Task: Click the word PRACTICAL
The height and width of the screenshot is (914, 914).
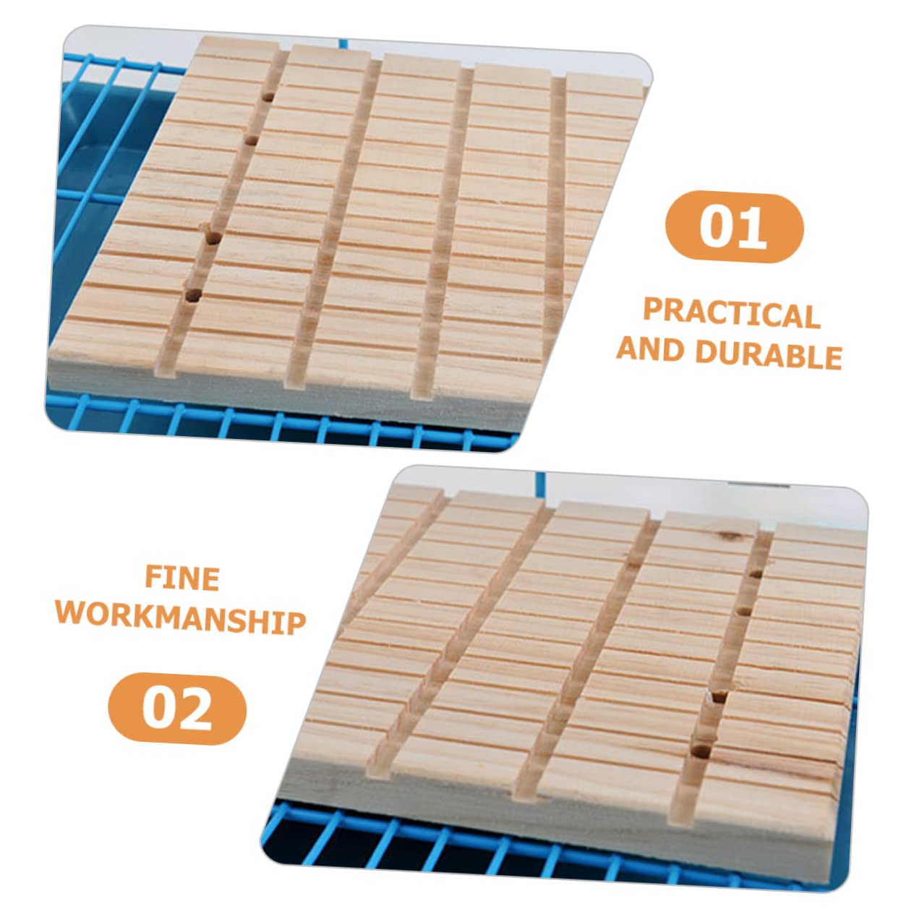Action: pos(731,314)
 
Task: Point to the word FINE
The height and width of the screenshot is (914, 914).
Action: pos(182,578)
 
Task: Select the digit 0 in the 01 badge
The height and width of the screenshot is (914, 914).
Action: pos(716,227)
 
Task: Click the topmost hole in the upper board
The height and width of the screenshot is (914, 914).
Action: pos(268,98)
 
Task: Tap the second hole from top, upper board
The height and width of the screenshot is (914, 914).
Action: pos(252,140)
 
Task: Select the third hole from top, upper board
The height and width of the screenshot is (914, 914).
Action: pos(213,237)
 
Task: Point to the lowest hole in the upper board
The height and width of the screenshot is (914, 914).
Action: pos(192,295)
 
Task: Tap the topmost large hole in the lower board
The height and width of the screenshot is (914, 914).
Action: pos(756,574)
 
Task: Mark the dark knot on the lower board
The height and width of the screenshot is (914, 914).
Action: pos(730,536)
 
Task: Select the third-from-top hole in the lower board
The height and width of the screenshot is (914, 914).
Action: pos(720,697)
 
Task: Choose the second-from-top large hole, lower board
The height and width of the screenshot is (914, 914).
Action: pos(745,612)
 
